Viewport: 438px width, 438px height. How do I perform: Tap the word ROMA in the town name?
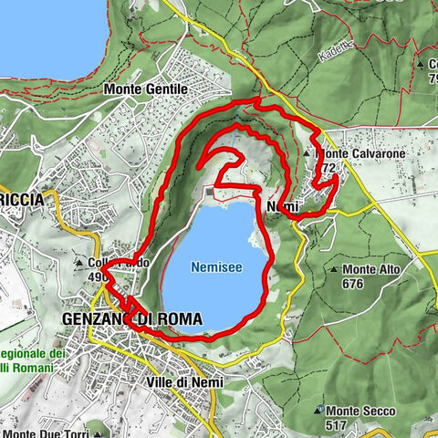(x=181, y=318)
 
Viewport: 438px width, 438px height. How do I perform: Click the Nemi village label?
(x=285, y=208)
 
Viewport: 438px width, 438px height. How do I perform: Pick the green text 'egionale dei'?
(x=31, y=353)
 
